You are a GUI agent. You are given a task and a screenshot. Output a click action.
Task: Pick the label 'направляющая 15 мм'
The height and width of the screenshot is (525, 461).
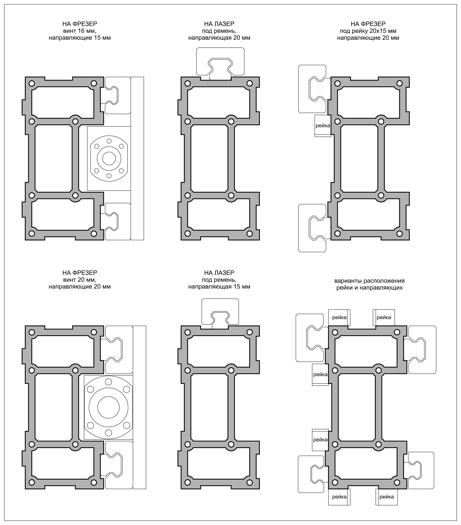click(219, 287)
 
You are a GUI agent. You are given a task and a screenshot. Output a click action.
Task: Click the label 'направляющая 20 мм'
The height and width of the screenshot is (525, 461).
click(219, 38)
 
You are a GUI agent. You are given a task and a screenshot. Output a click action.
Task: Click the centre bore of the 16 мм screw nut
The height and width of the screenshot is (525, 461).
click(109, 158)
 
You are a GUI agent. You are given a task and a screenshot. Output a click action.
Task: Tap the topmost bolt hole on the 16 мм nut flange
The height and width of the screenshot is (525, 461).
click(109, 141)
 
